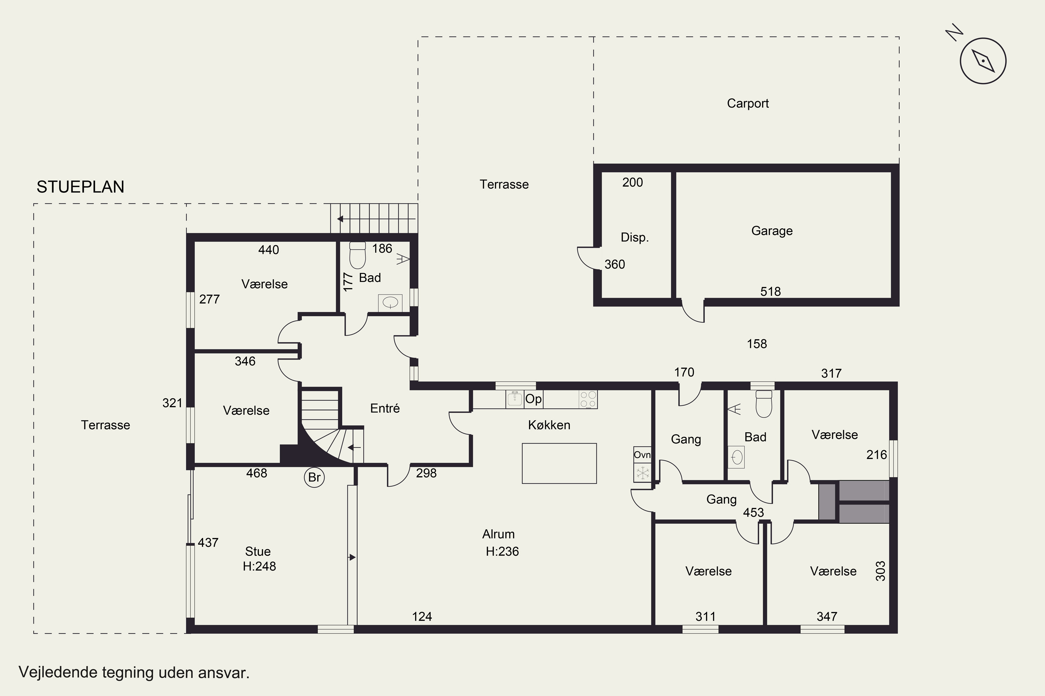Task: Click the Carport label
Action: [x=748, y=103]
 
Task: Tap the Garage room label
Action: [x=772, y=231]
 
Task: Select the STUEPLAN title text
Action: [x=80, y=187]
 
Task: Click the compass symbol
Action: [x=983, y=61]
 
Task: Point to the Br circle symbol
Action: [x=314, y=477]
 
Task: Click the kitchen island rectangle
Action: [x=559, y=464]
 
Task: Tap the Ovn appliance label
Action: [x=642, y=454]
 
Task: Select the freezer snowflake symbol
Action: [x=642, y=472]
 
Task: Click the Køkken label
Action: [x=549, y=425]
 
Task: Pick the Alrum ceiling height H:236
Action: [x=502, y=551]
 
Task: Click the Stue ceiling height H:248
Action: [x=260, y=567]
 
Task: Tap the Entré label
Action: [x=385, y=408]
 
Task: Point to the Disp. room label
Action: [x=634, y=237]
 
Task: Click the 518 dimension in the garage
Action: [x=771, y=292]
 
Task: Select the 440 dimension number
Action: [x=268, y=250]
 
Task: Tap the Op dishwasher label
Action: [x=533, y=399]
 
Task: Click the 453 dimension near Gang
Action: [x=753, y=513]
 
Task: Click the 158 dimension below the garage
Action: [x=757, y=344]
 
